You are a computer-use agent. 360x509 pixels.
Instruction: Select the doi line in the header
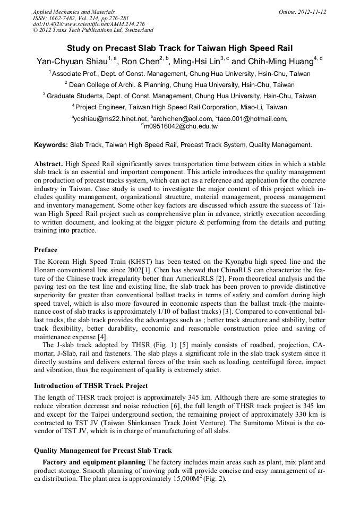pyautogui.click(x=89, y=24)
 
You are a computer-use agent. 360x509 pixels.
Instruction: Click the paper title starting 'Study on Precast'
pyautogui.click(x=179, y=47)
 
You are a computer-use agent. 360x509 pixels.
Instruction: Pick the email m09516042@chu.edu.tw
pyautogui.click(x=180, y=127)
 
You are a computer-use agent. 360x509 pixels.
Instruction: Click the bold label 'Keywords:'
pyautogui.click(x=51, y=145)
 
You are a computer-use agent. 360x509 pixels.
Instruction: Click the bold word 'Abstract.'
pyautogui.click(x=49, y=164)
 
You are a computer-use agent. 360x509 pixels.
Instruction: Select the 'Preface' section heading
pyautogui.click(x=46, y=250)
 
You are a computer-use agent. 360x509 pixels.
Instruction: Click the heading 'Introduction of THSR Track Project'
pyautogui.click(x=91, y=385)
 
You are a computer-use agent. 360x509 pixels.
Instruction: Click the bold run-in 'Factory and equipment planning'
pyautogui.click(x=93, y=462)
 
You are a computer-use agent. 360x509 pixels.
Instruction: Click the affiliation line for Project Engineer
pyautogui.click(x=179, y=107)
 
